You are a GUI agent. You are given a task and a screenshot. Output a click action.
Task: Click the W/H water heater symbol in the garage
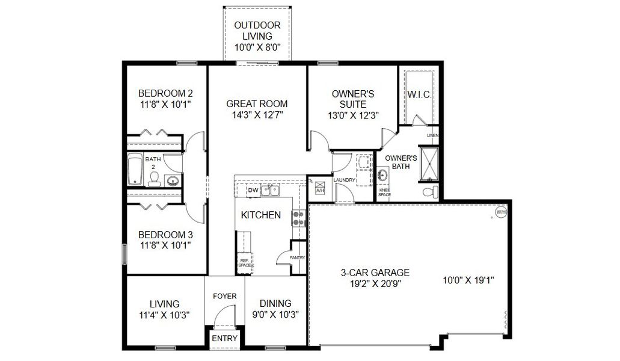pyautogui.click(x=500, y=212)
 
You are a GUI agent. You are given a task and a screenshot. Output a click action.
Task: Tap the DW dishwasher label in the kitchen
pyautogui.click(x=253, y=191)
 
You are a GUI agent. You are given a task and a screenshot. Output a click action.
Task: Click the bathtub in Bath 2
pyautogui.click(x=135, y=170)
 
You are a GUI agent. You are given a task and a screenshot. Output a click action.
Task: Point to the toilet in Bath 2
pyautogui.click(x=155, y=178)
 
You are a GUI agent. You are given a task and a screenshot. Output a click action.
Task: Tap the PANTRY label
pyautogui.click(x=297, y=258)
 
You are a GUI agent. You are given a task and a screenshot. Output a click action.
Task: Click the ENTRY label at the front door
pyautogui.click(x=224, y=339)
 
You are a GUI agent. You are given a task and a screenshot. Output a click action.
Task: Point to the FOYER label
pyautogui.click(x=225, y=296)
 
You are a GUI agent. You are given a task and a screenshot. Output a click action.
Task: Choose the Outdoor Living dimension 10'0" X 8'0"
pyautogui.click(x=257, y=47)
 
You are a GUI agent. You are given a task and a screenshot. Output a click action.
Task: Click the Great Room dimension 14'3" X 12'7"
pyautogui.click(x=257, y=114)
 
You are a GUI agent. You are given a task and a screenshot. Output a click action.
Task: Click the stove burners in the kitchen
pyautogui.click(x=297, y=218)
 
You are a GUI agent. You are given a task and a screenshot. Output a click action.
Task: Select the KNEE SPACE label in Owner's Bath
pyautogui.click(x=385, y=193)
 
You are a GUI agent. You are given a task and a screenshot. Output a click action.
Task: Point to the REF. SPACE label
pyautogui.click(x=245, y=262)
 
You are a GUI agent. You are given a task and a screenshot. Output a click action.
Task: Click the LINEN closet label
pyautogui.click(x=432, y=136)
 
